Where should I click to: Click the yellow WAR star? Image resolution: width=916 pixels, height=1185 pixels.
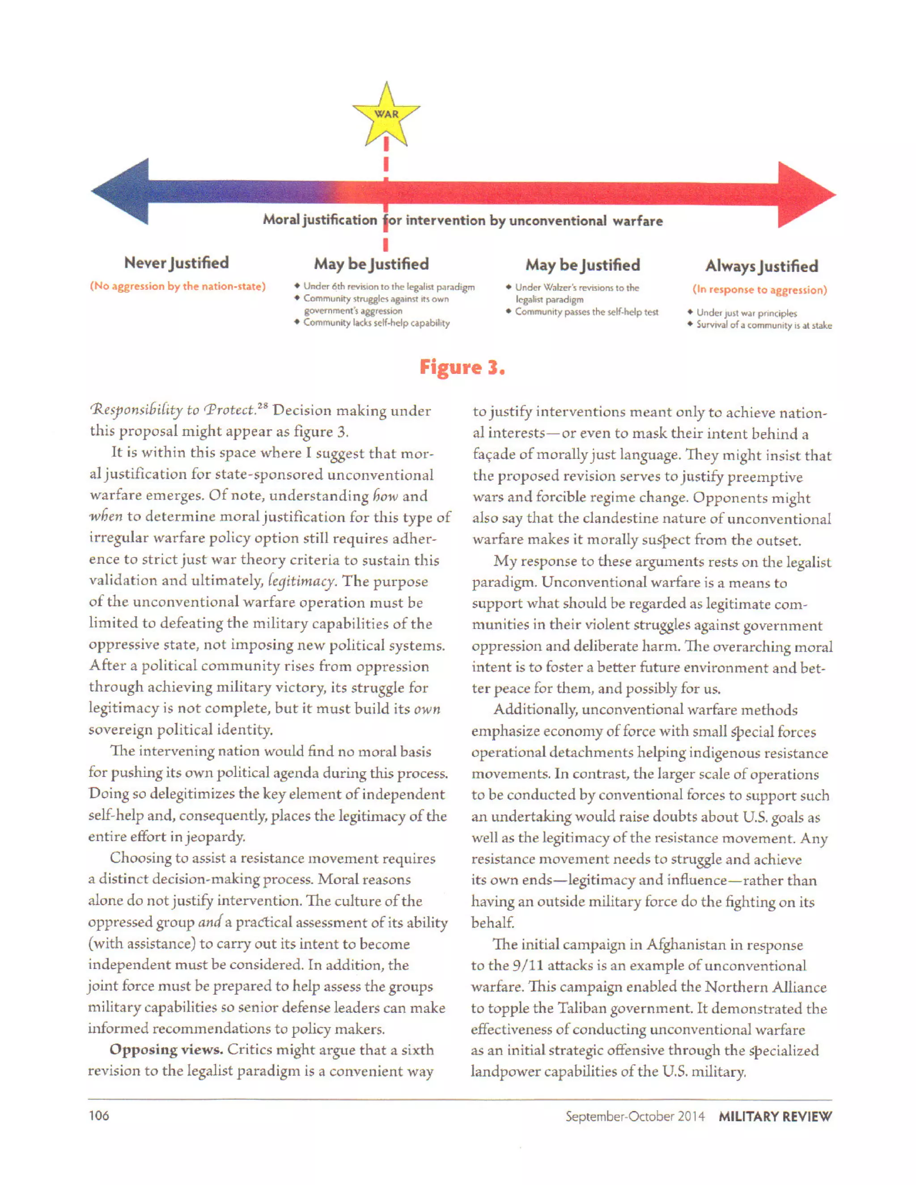pos(386,115)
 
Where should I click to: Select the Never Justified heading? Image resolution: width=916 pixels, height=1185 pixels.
pos(176,262)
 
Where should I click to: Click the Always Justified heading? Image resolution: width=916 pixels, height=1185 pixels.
pos(761,266)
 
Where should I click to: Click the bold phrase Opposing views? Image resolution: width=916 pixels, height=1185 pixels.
pos(166,1050)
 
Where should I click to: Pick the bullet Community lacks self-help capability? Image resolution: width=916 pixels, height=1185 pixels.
pos(376,323)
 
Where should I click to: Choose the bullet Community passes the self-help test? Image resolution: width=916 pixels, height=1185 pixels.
pos(586,312)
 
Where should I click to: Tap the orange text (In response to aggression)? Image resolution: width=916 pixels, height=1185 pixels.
pos(759,290)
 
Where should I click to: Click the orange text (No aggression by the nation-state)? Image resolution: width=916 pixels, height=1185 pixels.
pos(178,287)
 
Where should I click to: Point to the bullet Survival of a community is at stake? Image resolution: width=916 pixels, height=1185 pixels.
pos(763,326)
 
